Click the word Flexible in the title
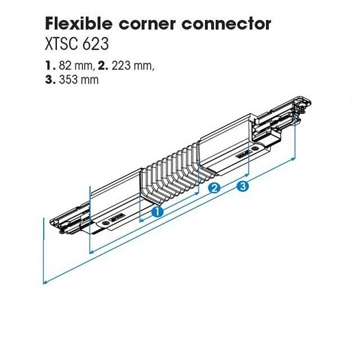pyautogui.click(x=79, y=23)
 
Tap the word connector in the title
pyautogui.click(x=226, y=24)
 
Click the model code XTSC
pyautogui.click(x=61, y=44)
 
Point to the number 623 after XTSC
pyautogui.click(x=95, y=44)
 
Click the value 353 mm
pyautogui.click(x=79, y=80)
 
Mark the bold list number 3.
pyautogui.click(x=51, y=80)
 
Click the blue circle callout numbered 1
pyautogui.click(x=158, y=211)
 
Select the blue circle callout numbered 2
pyautogui.click(x=214, y=188)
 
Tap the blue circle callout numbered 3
pyautogui.click(x=243, y=186)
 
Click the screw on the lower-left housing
pyautogui.click(x=105, y=223)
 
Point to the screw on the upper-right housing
pyautogui.click(x=254, y=149)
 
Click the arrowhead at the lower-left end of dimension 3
pyautogui.click(x=45, y=282)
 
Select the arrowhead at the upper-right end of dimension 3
pyautogui.click(x=293, y=159)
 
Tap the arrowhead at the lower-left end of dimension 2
pyautogui.click(x=91, y=252)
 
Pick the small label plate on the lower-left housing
pyautogui.click(x=117, y=217)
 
